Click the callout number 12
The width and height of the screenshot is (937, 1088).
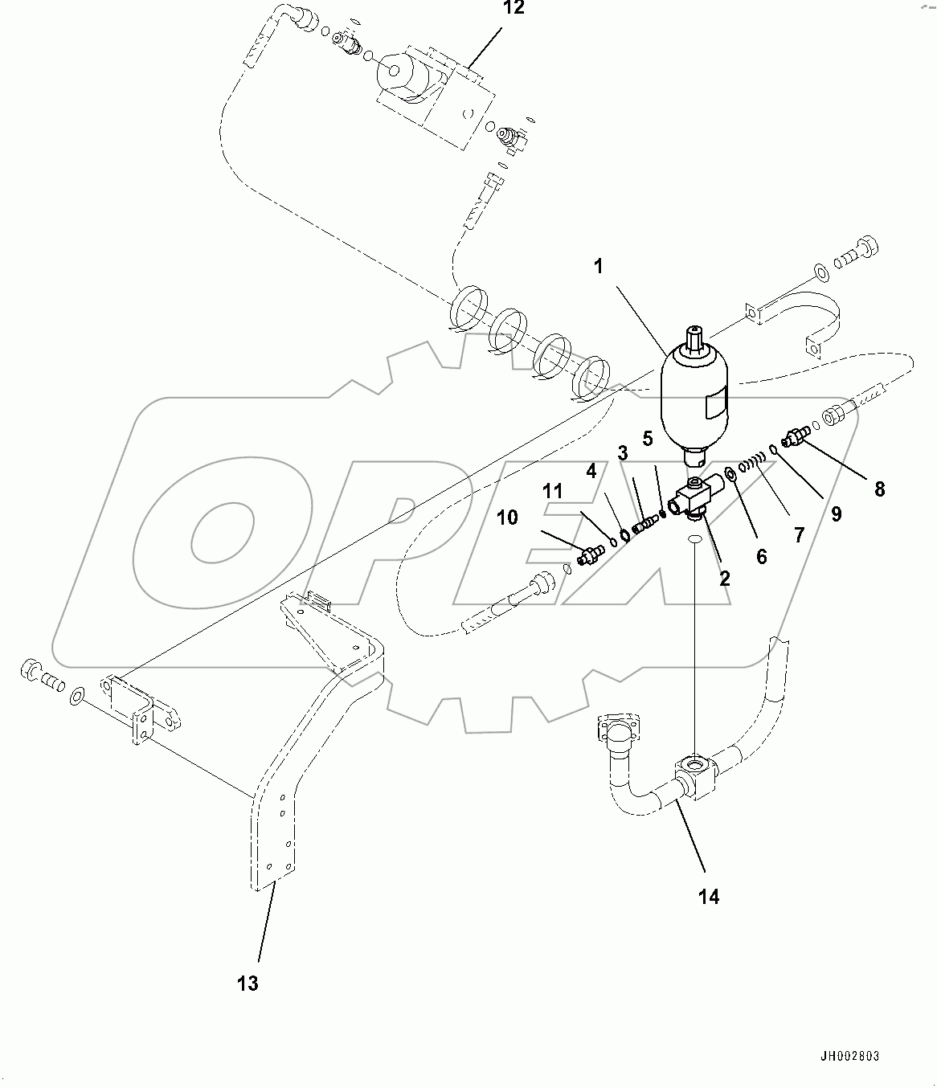pyautogui.click(x=513, y=9)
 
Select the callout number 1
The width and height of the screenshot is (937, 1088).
pyautogui.click(x=599, y=267)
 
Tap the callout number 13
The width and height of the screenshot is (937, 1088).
pyautogui.click(x=248, y=983)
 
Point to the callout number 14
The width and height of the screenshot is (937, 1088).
pyautogui.click(x=708, y=897)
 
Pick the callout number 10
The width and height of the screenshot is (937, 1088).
pyautogui.click(x=507, y=517)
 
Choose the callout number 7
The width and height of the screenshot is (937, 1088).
pyautogui.click(x=799, y=534)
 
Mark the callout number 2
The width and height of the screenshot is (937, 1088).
pyautogui.click(x=724, y=578)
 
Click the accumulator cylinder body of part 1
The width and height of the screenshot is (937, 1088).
pyautogui.click(x=694, y=402)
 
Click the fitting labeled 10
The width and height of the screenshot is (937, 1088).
pyautogui.click(x=591, y=554)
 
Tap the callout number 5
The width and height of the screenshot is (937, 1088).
pyautogui.click(x=648, y=440)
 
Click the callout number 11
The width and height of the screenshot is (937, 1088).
pyautogui.click(x=554, y=490)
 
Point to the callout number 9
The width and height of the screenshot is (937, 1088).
pyautogui.click(x=836, y=513)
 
